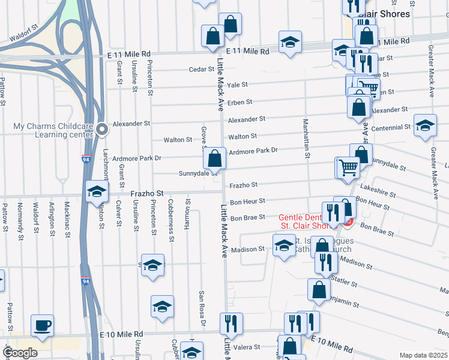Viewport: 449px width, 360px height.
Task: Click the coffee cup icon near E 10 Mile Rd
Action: tap(42, 325)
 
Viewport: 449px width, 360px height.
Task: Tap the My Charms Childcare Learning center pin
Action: tap(103, 128)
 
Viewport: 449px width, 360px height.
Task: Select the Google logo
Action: tap(20, 353)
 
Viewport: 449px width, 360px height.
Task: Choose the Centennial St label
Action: tap(391, 128)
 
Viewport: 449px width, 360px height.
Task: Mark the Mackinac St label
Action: tap(68, 216)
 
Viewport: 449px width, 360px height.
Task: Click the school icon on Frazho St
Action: tap(96, 191)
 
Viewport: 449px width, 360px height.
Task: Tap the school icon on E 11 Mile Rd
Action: tap(290, 42)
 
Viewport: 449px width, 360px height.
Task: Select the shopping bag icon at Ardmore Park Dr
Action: tap(214, 158)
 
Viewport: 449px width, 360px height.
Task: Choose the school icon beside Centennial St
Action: tap(425, 125)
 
